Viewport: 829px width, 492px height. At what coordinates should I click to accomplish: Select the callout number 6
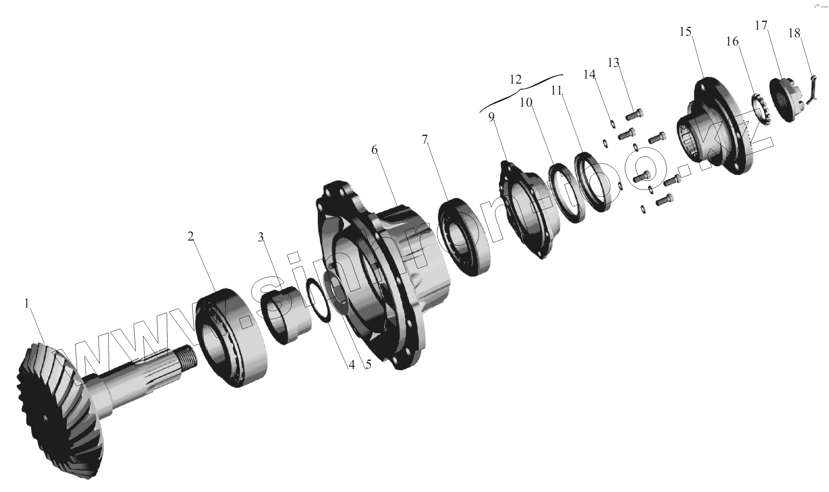pos(374,150)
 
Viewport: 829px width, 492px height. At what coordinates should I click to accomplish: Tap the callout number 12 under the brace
pos(515,80)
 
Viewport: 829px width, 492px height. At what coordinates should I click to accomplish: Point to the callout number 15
pos(686,32)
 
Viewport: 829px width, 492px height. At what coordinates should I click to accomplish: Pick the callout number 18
pos(794,33)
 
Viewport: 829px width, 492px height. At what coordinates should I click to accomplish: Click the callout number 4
pos(352,365)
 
